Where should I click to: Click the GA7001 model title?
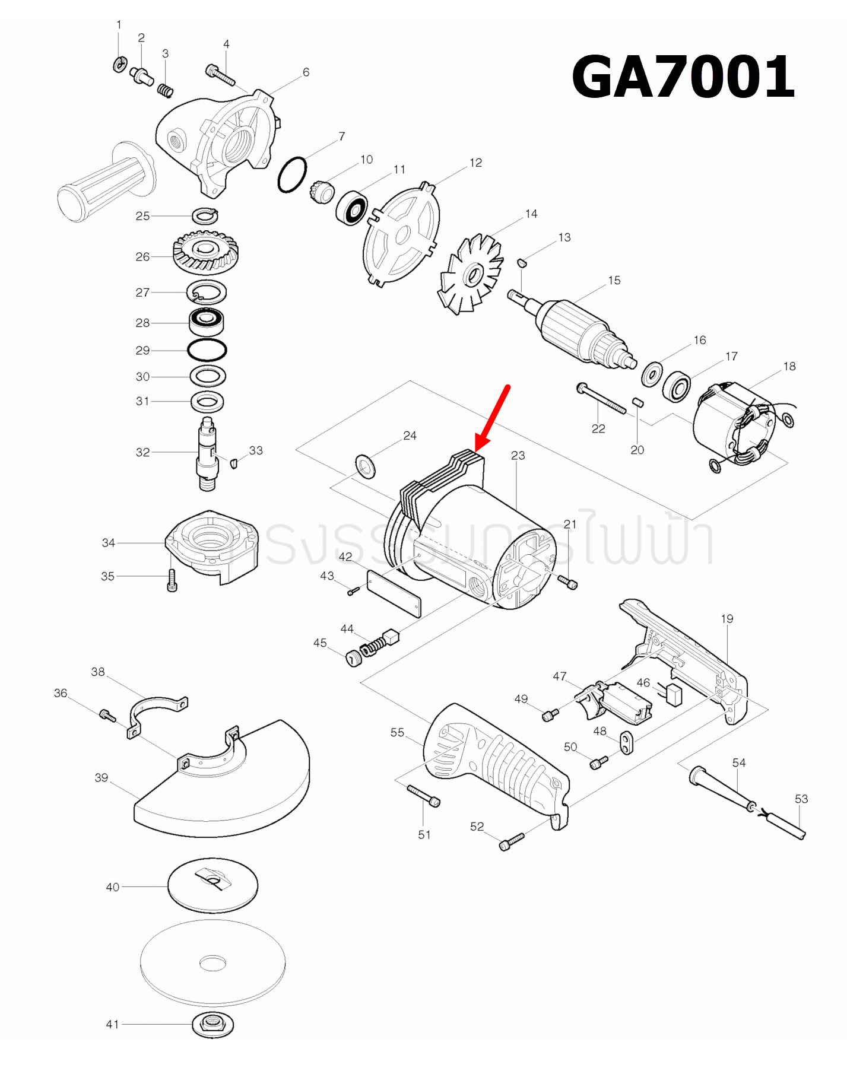coord(683,77)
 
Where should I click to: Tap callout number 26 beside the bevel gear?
coord(142,257)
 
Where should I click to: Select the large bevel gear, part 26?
coord(205,252)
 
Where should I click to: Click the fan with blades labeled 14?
coord(472,275)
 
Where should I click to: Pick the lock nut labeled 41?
coord(212,1024)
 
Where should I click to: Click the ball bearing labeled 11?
coord(352,208)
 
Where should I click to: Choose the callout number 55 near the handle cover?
coord(397,732)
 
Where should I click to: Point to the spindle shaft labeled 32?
coord(207,454)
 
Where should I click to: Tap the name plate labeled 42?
coord(394,594)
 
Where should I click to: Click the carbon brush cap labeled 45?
coord(354,658)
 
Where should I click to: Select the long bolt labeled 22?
coord(601,398)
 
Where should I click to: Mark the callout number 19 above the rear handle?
coord(727,619)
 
